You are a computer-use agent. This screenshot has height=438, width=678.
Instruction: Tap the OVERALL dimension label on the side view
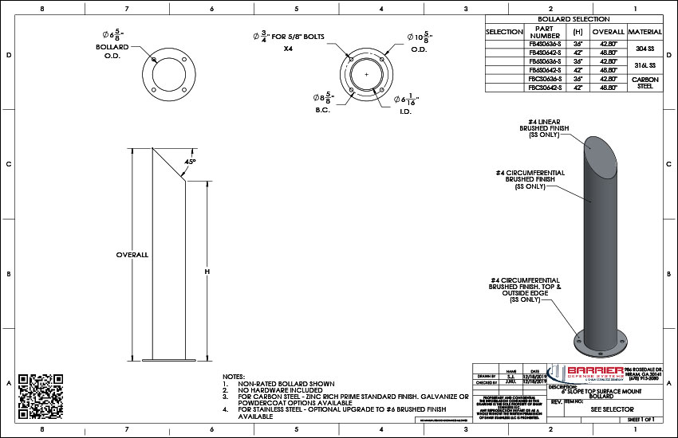(x=132, y=255)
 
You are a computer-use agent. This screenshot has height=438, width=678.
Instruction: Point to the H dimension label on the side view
(x=207, y=272)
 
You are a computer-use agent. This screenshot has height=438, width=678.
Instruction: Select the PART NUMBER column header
(x=545, y=32)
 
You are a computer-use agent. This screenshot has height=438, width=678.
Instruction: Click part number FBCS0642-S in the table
(x=545, y=86)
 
